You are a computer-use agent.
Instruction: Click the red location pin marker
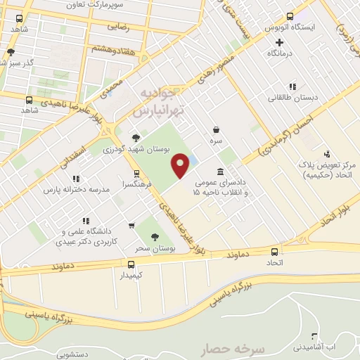(x=181, y=165)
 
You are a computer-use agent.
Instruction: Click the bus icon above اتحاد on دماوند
(x=274, y=252)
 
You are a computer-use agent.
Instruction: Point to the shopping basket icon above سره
(x=216, y=129)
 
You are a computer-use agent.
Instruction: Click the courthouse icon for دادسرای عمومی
(x=221, y=172)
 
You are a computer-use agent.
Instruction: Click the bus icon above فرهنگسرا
(x=136, y=173)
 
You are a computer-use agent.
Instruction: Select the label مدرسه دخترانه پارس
(x=71, y=191)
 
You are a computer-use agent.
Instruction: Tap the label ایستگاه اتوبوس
(x=289, y=27)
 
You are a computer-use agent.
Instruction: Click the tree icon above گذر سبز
(x=11, y=51)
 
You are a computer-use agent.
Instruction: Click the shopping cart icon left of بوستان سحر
(x=131, y=226)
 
